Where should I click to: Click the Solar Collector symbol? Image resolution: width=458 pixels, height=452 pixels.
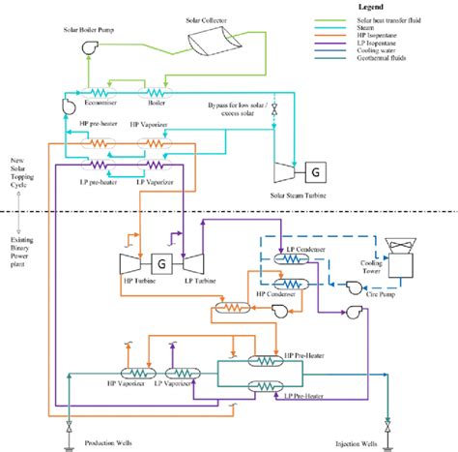click(212, 41)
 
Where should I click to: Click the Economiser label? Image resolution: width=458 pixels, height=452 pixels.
click(101, 98)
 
